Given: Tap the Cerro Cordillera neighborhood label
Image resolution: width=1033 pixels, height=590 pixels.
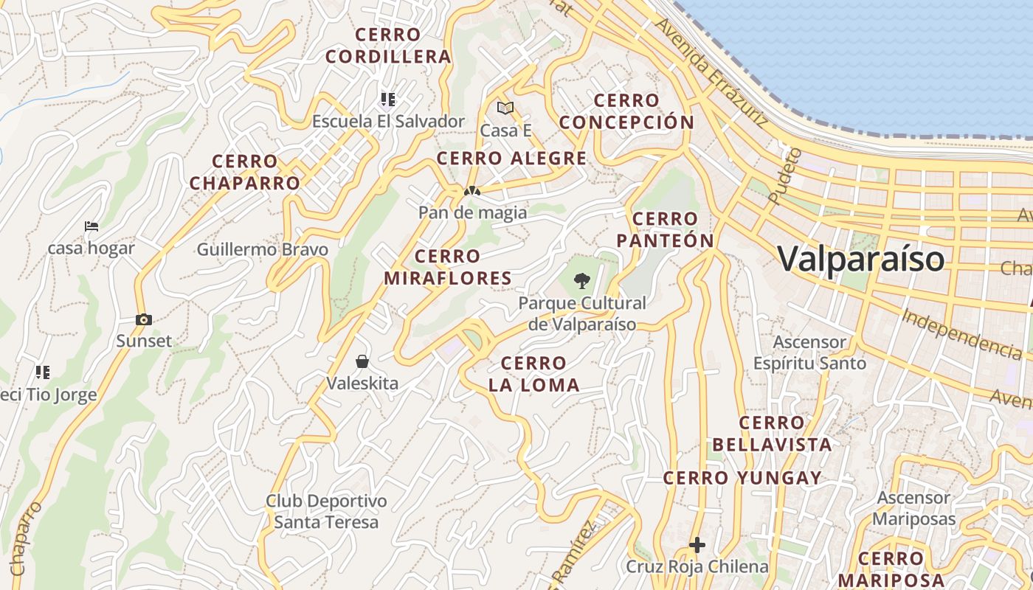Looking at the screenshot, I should (387, 46).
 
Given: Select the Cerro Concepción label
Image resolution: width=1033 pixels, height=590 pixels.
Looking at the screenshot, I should (626, 111).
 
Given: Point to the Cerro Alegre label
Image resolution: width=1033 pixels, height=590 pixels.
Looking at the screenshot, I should (512, 159).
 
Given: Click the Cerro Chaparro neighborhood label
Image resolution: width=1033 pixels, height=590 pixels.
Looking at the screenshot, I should (245, 172).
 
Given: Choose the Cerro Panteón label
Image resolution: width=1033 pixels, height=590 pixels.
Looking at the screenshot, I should (666, 229).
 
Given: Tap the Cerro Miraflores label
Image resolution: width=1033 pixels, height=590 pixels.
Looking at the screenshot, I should (448, 267).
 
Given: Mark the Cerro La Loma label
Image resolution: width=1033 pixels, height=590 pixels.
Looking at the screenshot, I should (533, 374).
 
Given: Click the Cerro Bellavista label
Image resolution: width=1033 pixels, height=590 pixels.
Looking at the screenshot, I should (772, 434).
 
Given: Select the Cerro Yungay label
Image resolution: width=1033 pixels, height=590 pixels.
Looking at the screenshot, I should (742, 478).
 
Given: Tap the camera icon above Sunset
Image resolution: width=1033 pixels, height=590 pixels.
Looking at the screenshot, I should (144, 319).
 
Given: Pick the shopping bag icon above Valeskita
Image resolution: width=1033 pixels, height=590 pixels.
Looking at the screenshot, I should (362, 361).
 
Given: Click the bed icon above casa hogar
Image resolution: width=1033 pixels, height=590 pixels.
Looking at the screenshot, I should (91, 226).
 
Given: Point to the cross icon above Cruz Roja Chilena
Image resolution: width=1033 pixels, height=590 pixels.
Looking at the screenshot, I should (697, 545).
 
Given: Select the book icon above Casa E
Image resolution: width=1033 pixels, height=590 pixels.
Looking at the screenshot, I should (505, 108).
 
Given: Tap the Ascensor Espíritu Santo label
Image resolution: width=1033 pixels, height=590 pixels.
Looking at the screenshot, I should (809, 353).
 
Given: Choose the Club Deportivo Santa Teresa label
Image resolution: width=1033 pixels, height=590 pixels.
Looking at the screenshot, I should (326, 512).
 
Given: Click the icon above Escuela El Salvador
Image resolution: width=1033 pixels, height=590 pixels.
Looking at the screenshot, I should (388, 99).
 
